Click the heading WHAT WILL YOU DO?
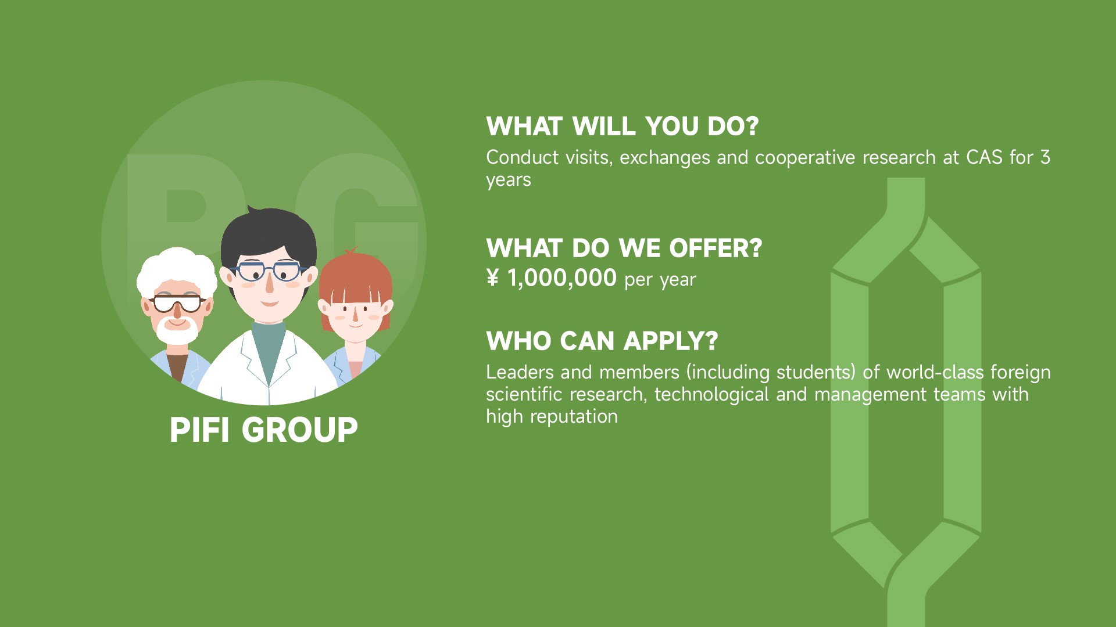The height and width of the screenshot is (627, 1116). click(x=623, y=127)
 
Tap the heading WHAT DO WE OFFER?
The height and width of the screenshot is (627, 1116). click(x=624, y=248)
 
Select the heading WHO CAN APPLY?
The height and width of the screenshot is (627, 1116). click(x=602, y=341)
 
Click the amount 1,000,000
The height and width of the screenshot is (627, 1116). click(x=562, y=279)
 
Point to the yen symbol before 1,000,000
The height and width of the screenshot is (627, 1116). click(x=492, y=278)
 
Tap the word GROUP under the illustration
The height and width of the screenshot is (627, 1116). click(x=299, y=430)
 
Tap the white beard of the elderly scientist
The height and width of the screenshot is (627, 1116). click(x=177, y=331)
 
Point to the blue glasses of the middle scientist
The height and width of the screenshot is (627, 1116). click(x=269, y=271)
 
